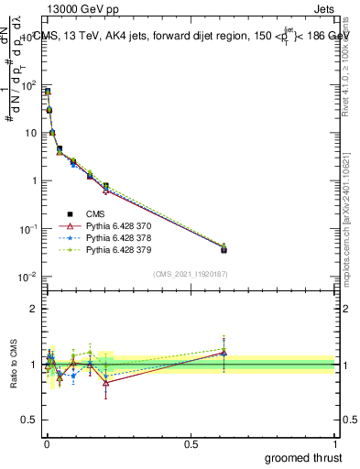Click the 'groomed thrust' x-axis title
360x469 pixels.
pos(303,457)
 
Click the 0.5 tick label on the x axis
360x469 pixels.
pos(191,443)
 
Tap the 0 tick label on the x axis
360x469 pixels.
pos(47,443)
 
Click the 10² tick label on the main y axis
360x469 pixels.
pos(28,85)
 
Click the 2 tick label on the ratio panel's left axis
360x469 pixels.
pos(33,310)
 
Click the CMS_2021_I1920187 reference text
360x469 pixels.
pos(191,274)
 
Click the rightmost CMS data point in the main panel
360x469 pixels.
pos(224,249)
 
